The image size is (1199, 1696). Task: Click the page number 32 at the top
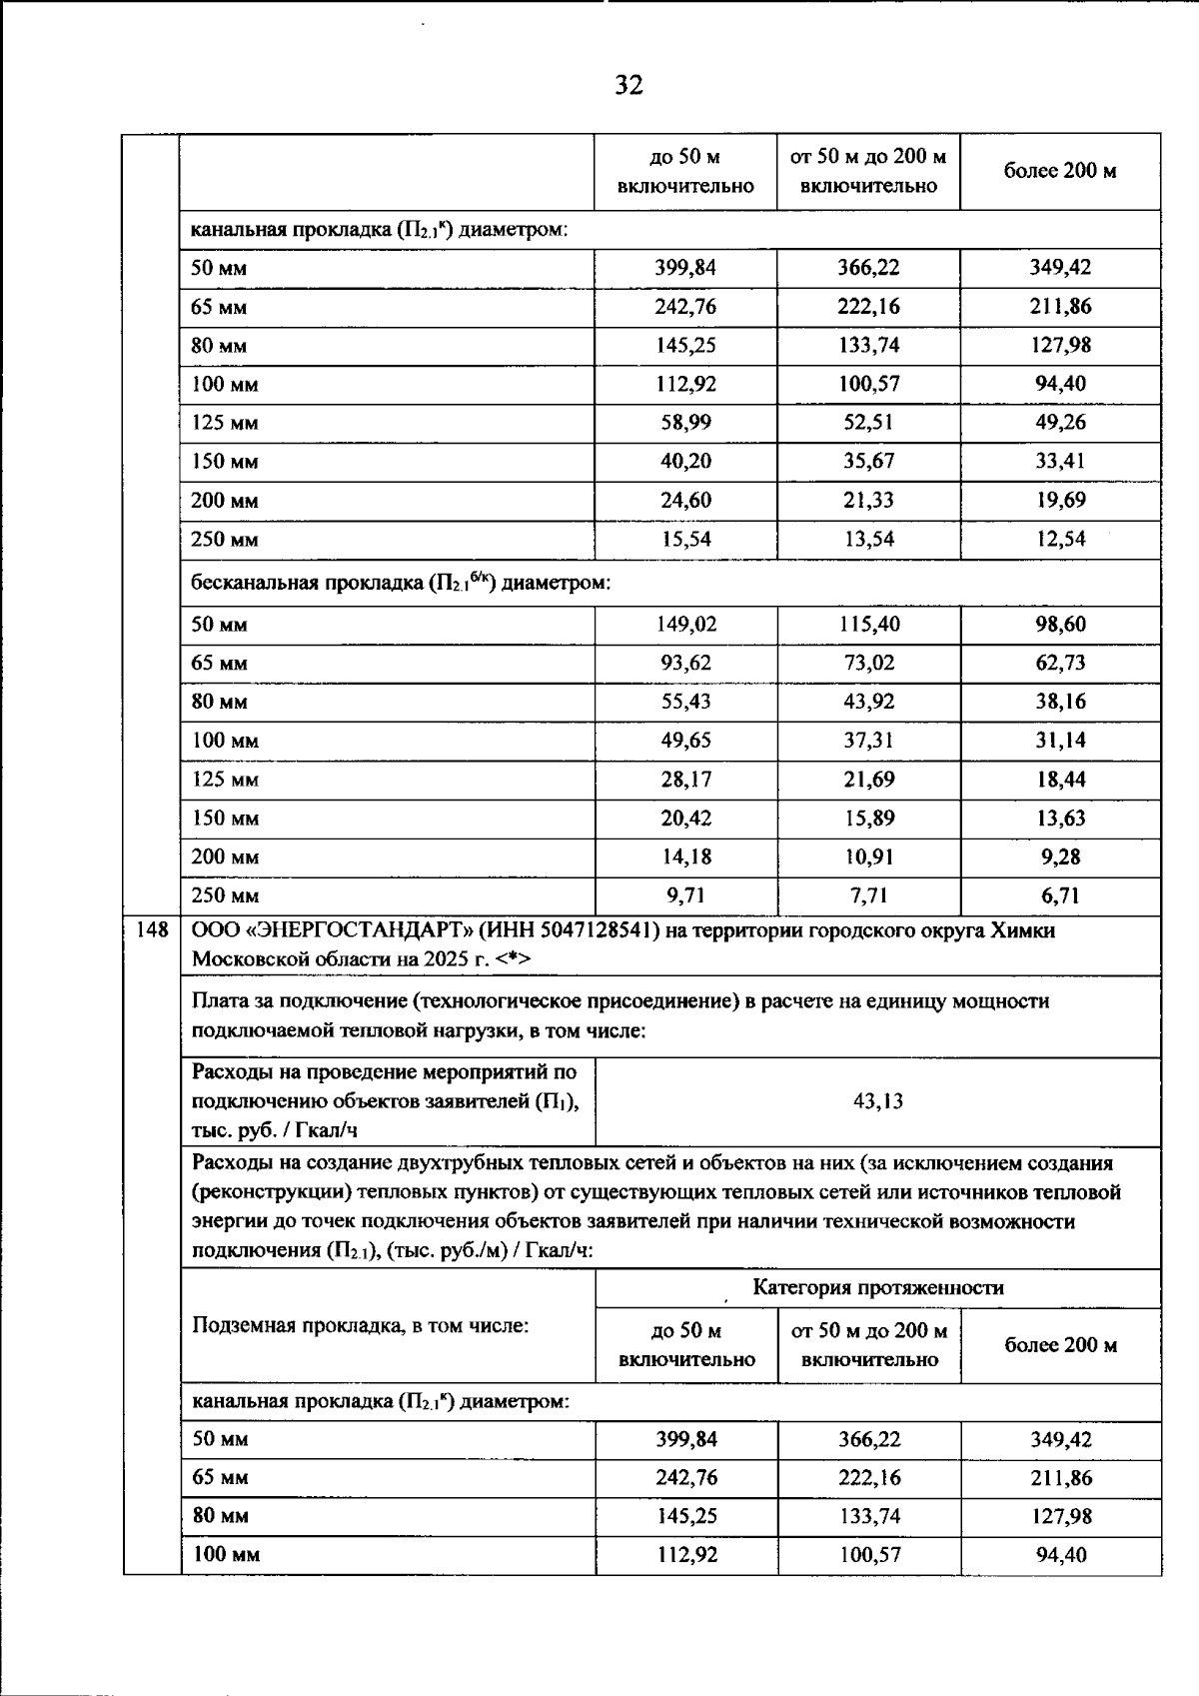(x=628, y=85)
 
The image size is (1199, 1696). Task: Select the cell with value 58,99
(x=685, y=423)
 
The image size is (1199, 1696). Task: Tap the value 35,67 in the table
(x=868, y=462)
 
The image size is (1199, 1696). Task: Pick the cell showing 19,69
(x=1060, y=501)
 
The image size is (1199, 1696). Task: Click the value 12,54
(x=1060, y=540)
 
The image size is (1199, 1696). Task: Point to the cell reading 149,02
(x=685, y=625)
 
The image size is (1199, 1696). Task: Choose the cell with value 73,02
(x=868, y=664)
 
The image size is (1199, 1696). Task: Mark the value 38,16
(x=1060, y=702)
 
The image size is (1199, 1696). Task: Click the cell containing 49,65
(x=685, y=741)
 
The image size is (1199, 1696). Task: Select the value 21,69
(x=868, y=780)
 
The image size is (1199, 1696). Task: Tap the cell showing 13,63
(x=1060, y=819)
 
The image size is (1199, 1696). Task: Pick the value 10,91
(x=868, y=857)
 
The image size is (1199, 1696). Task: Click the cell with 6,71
(x=1060, y=895)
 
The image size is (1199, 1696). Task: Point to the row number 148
(x=152, y=930)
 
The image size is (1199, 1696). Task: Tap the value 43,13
(x=877, y=1101)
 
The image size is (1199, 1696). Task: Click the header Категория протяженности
(x=877, y=1287)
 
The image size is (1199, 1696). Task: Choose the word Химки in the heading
(x=1022, y=931)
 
